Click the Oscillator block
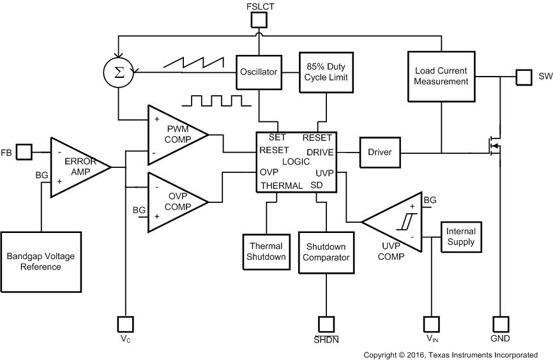point(259,72)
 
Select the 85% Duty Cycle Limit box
point(326,71)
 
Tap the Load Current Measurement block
point(441,76)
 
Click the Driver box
point(380,153)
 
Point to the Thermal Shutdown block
point(266,251)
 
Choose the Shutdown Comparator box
point(326,252)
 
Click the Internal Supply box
point(460,237)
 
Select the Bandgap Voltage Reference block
point(40,261)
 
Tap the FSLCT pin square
point(258,20)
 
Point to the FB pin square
point(24,152)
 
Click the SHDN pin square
point(326,324)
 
